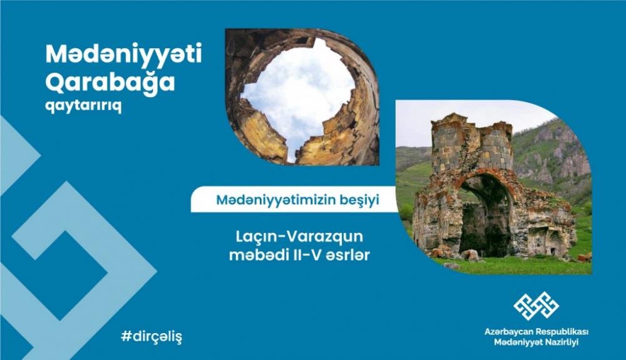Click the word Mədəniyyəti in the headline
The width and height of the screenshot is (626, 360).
[x=124, y=54]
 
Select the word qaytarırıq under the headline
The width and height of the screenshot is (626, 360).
[x=83, y=106]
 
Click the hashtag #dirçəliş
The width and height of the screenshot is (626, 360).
[x=151, y=337]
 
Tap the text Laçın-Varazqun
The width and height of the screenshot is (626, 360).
[x=299, y=236]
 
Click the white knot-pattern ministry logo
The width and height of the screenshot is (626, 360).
[x=536, y=306]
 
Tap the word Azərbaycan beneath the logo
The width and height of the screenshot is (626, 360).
[x=508, y=332]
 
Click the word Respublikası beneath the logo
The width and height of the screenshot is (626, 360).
[x=562, y=332]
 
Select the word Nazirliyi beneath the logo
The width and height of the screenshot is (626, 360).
[x=561, y=342]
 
